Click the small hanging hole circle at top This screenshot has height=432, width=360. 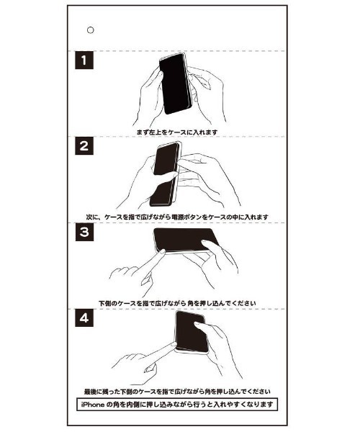point(90,30)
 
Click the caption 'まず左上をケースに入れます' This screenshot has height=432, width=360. point(176,133)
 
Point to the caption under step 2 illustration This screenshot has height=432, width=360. point(176,216)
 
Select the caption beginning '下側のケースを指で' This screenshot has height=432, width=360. point(176,302)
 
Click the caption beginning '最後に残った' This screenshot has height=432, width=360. point(176,392)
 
